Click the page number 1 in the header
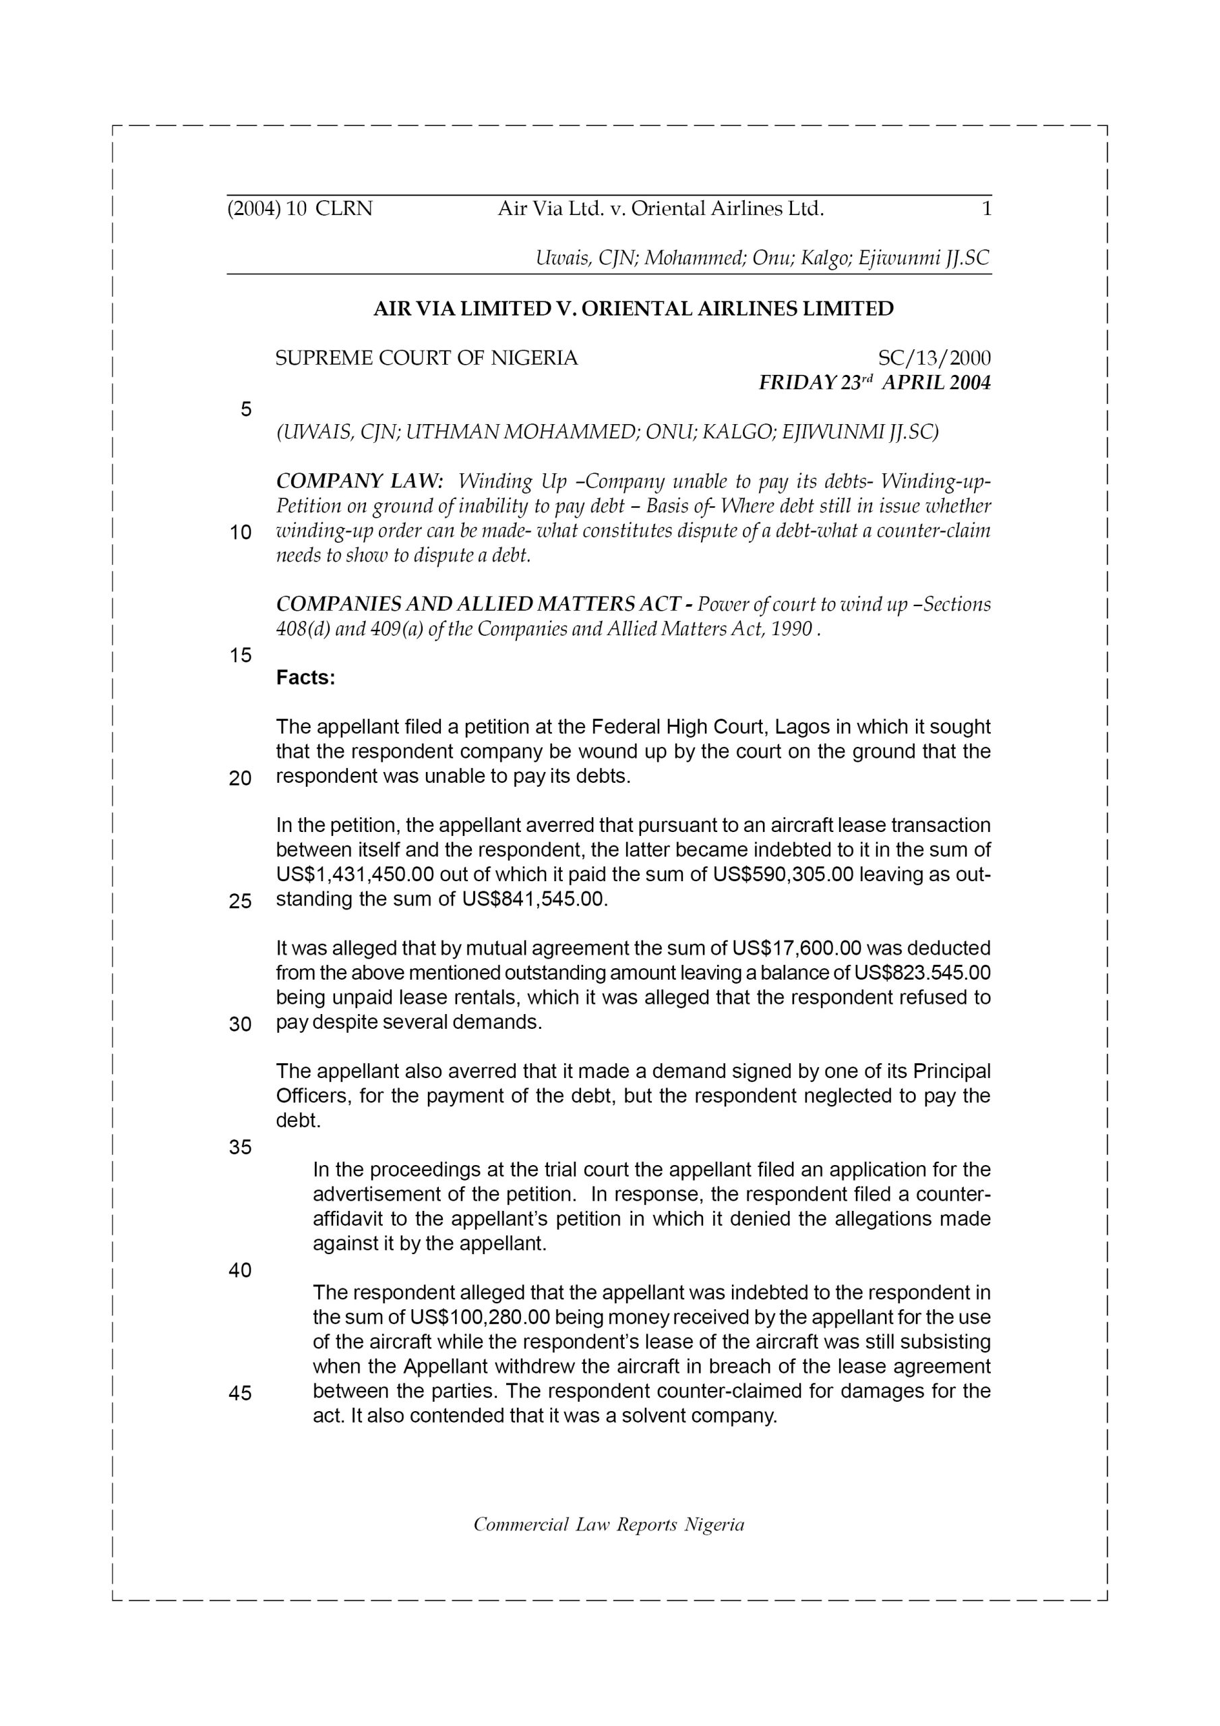[986, 208]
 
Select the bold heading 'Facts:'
[305, 678]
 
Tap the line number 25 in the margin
[240, 901]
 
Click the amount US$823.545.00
[922, 973]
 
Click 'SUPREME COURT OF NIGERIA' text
[426, 358]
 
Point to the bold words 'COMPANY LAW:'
[360, 481]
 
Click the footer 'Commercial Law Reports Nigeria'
[609, 1524]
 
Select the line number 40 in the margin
[240, 1270]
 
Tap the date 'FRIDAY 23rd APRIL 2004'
[874, 384]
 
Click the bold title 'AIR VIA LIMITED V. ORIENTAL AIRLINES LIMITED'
[633, 309]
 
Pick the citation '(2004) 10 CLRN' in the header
[299, 208]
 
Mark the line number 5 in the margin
[246, 410]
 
